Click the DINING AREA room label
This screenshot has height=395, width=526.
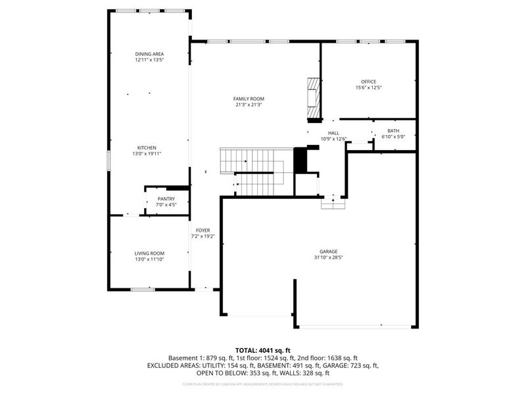[x=149, y=54]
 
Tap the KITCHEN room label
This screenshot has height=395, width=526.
[x=147, y=147]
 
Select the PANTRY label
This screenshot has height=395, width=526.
[x=166, y=198]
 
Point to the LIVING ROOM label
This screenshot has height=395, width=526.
[x=149, y=253]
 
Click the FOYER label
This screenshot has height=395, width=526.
[x=203, y=230]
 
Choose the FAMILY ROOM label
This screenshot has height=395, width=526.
[x=249, y=99]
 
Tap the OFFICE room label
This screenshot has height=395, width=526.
[x=368, y=82]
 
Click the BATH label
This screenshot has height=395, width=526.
[x=393, y=131]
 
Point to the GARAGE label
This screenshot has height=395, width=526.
[x=329, y=251]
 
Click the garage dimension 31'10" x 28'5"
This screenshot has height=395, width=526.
[x=329, y=257]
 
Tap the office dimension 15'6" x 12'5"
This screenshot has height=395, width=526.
[x=368, y=88]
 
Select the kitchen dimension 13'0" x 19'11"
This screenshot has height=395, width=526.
[x=147, y=153]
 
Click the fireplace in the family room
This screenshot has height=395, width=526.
[x=314, y=99]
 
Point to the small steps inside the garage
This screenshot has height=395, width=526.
[x=333, y=204]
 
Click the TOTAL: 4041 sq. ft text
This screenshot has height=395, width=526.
[x=263, y=350]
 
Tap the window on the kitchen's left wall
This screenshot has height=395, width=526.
[x=109, y=161]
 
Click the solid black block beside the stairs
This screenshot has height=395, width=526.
[x=300, y=160]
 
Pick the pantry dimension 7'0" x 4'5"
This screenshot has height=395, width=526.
[x=166, y=204]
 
